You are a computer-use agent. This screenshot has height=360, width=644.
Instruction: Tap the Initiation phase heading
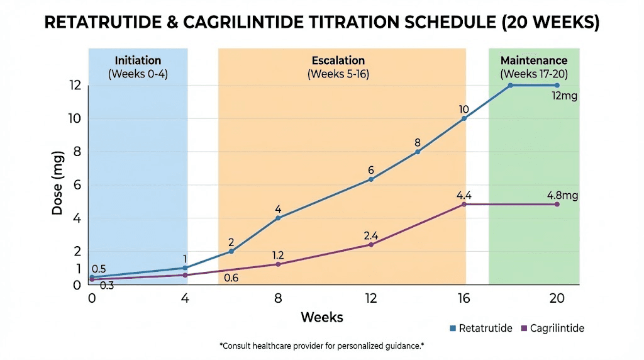138,61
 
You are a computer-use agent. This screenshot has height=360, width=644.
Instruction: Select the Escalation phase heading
338,61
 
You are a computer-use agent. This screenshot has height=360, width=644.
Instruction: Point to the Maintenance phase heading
533,61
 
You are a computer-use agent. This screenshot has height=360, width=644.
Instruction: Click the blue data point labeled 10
464,118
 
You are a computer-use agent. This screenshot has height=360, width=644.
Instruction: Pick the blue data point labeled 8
418,152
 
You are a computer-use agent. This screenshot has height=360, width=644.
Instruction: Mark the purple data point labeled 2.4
371,244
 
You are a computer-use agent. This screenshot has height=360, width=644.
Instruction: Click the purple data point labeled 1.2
278,264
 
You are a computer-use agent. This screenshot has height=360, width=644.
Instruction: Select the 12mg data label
563,97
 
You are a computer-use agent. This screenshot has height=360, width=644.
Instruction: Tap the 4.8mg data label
562,196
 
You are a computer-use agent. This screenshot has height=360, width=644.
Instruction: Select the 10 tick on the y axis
75,118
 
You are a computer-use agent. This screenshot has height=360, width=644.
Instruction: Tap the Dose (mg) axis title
58,183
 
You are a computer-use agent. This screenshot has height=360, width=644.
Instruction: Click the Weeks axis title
322,317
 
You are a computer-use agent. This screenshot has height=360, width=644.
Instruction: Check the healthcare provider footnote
322,346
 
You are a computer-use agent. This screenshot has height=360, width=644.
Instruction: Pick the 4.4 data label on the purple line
464,195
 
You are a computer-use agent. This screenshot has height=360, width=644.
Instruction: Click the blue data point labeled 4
278,218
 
